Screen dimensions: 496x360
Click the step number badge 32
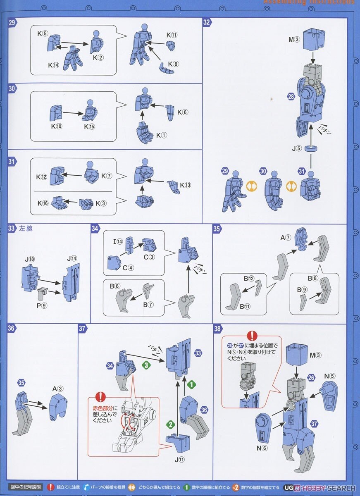point(207,23)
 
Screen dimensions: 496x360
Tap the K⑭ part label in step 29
point(53,65)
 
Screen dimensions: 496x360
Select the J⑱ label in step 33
point(29,259)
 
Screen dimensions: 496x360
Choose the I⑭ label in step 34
point(119,241)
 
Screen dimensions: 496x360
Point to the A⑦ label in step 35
point(286,237)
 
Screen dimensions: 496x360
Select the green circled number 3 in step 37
point(145,365)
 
